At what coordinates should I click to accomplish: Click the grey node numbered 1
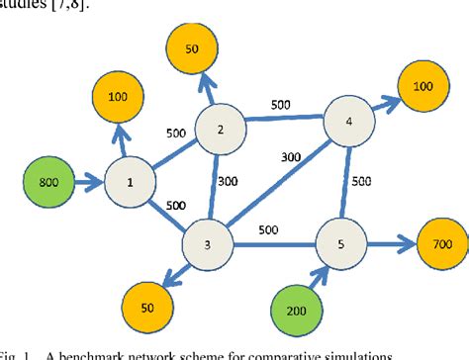click(131, 182)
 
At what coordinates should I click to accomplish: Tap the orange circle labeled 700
click(433, 242)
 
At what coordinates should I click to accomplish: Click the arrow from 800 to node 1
click(89, 182)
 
